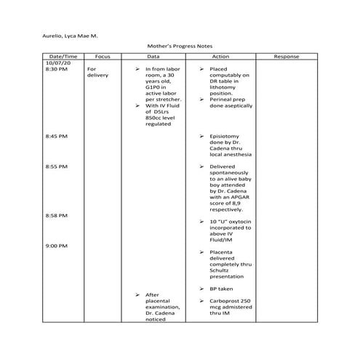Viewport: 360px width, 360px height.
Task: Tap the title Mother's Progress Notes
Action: click(x=180, y=46)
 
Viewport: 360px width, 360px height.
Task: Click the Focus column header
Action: click(x=102, y=56)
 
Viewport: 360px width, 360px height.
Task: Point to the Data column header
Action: click(x=153, y=56)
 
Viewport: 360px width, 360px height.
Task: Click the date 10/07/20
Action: click(x=57, y=63)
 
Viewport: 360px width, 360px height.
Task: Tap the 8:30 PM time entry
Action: click(x=57, y=69)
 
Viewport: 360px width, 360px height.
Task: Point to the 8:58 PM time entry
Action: click(x=57, y=215)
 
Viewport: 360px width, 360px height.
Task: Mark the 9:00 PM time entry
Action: click(x=57, y=246)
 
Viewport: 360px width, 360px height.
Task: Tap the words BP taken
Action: click(x=220, y=289)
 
